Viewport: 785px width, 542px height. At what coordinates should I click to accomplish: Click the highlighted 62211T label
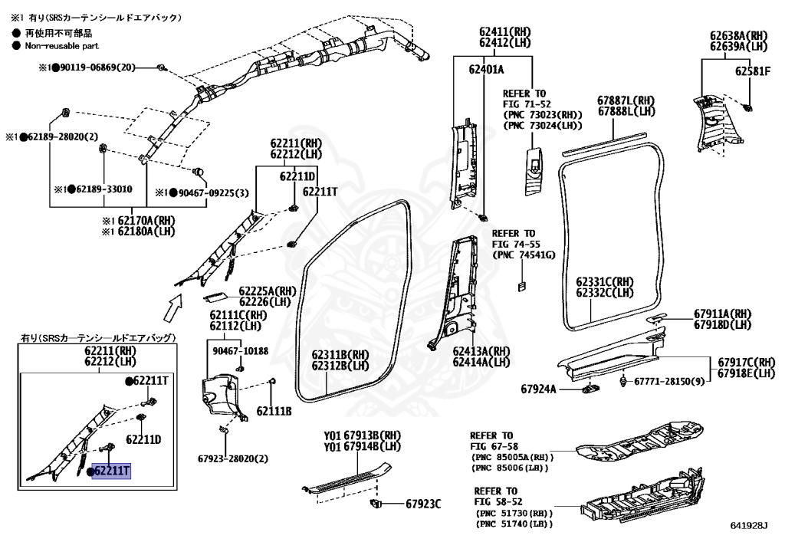point(112,471)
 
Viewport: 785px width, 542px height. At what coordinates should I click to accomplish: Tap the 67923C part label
point(424,504)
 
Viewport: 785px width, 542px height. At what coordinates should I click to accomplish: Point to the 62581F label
point(751,71)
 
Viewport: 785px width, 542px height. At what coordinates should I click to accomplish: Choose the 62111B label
point(274,411)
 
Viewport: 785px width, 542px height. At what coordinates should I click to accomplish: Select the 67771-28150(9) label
point(668,381)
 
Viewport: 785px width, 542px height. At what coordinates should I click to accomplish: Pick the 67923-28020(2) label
point(233,459)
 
